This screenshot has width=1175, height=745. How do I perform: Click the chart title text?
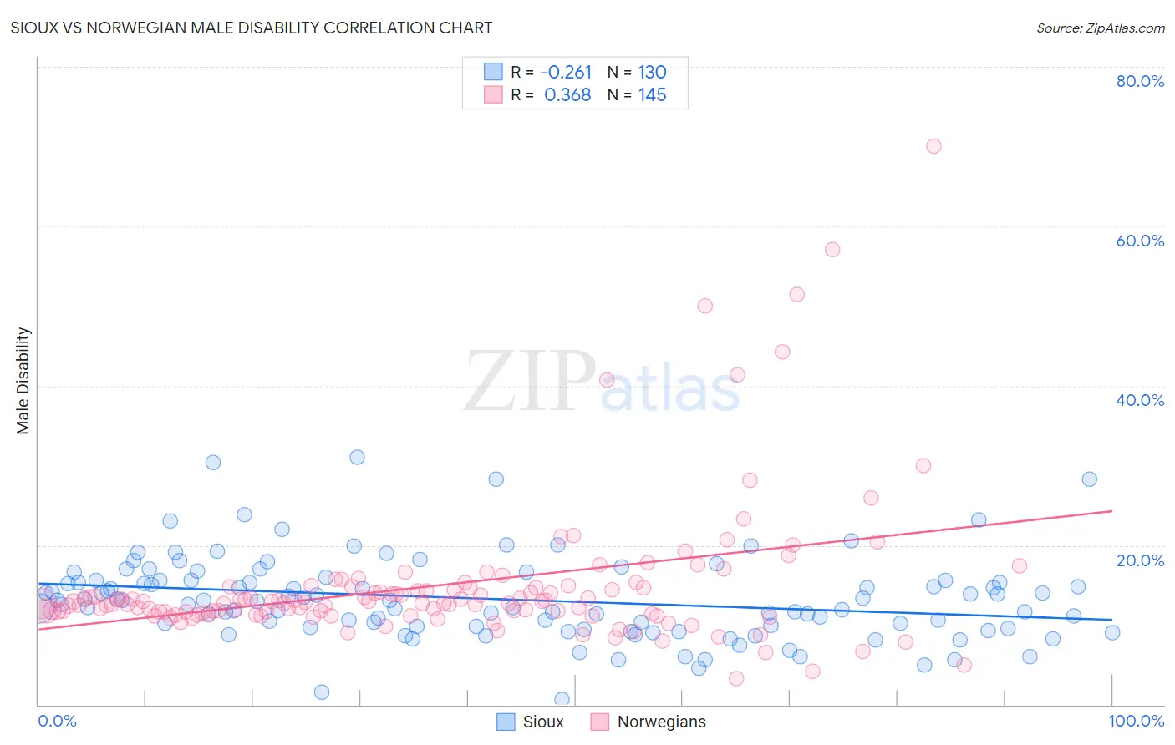point(251,28)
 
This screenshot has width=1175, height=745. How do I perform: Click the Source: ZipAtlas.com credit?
point(1100,28)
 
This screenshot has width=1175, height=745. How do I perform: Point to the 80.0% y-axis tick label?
point(1140,81)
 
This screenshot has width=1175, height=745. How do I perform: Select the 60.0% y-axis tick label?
point(1140,241)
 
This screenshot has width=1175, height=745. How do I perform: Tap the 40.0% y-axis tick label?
point(1140,400)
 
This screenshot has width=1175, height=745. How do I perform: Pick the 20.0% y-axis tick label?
point(1140,560)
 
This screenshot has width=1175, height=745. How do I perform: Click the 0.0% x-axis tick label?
point(57,721)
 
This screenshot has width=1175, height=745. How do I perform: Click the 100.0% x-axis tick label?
point(1136,721)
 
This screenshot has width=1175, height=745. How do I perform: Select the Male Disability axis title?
point(23,380)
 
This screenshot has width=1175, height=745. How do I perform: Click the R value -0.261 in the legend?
point(566,73)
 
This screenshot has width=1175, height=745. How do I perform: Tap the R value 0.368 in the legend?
point(567,95)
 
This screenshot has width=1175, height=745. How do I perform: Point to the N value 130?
point(652,73)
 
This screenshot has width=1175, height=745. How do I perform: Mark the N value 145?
point(652,95)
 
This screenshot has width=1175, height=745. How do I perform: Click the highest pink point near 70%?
point(933,146)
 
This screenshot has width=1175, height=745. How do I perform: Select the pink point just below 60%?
point(832,249)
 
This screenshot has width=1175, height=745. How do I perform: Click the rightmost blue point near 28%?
point(1089,479)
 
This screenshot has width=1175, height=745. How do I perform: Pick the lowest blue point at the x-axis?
point(562,699)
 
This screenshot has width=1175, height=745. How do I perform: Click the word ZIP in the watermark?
point(529,381)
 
